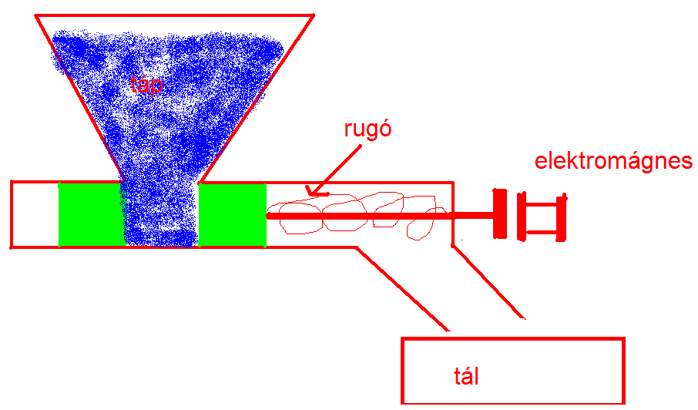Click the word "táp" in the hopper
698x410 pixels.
(146, 85)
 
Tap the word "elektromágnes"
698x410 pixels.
(613, 162)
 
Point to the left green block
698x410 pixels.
(91, 214)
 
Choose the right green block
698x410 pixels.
(232, 214)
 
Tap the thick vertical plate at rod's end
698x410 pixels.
(498, 213)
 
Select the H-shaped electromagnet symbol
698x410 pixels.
(544, 215)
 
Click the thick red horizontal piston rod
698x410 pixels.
(378, 216)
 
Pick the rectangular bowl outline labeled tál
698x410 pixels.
(512, 338)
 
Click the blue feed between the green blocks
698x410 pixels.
(162, 223)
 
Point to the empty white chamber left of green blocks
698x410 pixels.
(35, 214)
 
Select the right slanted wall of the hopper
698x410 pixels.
(262, 92)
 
